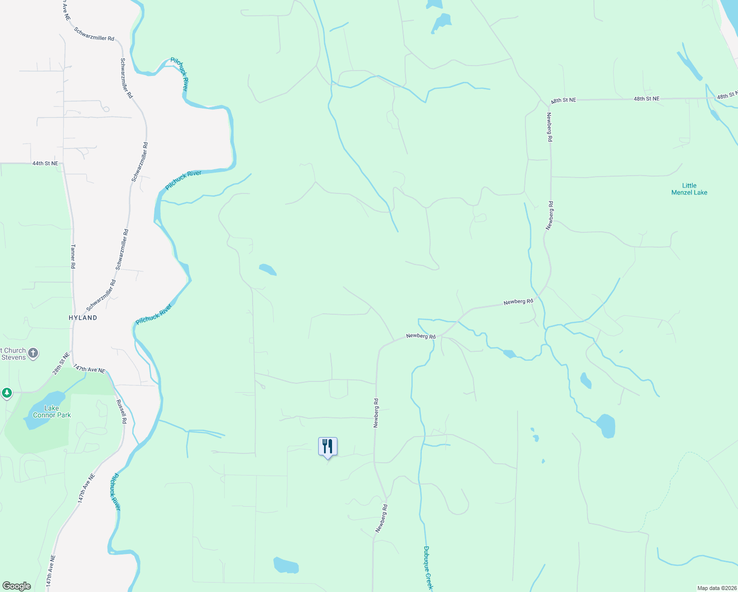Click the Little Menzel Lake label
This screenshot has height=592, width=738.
(x=689, y=189)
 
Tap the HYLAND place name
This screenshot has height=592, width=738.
(x=83, y=318)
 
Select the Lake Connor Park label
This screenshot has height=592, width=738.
(x=52, y=411)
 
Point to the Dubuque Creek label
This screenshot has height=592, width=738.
(x=428, y=567)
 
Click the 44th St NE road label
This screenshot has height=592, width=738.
(x=45, y=163)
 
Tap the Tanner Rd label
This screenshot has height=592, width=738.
(x=73, y=256)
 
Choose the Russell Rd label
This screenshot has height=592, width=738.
(x=121, y=411)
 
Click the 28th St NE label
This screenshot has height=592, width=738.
(x=62, y=363)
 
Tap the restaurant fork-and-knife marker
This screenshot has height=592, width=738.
(x=328, y=446)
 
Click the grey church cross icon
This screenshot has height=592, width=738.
(x=33, y=353)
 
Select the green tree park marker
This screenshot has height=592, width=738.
(x=6, y=393)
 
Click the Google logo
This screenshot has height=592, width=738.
(x=16, y=586)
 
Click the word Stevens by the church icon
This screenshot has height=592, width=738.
(x=13, y=357)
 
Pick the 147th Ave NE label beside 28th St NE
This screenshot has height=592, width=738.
(x=89, y=369)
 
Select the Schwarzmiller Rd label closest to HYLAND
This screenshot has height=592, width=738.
(x=101, y=295)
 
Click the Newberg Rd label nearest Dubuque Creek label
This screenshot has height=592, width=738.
(x=381, y=518)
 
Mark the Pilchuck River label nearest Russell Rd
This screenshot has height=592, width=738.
(x=114, y=491)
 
